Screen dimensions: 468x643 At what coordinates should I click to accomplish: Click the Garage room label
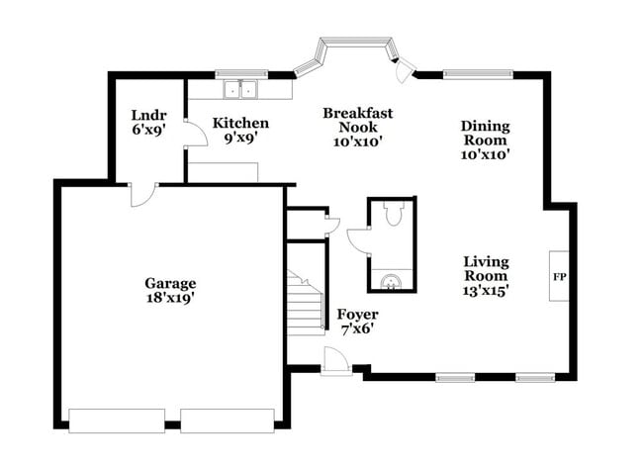[x=170, y=282]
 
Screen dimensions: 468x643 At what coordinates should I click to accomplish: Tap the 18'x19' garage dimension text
[x=170, y=297]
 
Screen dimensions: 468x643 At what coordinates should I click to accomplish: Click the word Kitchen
[x=241, y=123]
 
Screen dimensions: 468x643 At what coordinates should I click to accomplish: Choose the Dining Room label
[x=485, y=133]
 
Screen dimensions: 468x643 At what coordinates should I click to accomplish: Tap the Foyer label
[x=357, y=315]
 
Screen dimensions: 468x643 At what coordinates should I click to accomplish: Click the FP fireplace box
[x=559, y=276]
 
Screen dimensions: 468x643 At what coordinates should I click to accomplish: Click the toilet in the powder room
[x=392, y=214]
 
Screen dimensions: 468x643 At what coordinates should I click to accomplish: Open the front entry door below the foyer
[x=336, y=364]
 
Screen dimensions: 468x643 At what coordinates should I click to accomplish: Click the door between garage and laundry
[x=142, y=194]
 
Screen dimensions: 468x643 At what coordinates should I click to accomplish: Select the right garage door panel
[x=226, y=420]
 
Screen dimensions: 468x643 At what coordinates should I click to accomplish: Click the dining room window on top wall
[x=477, y=72]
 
